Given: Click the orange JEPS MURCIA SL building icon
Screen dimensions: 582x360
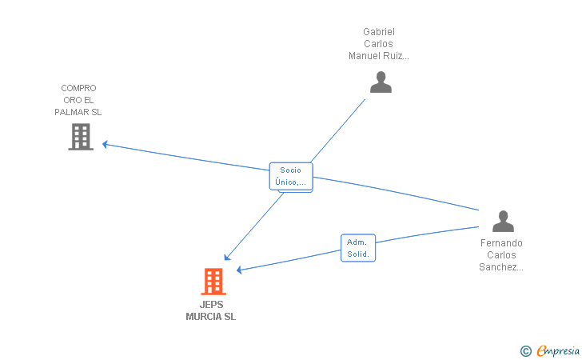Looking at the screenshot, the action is (213, 282).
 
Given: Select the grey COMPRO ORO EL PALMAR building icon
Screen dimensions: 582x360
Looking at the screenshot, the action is (81, 137).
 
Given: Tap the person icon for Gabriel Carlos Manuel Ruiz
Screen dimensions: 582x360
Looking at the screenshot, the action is (381, 82).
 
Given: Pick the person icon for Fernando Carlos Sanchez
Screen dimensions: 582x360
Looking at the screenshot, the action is (503, 221).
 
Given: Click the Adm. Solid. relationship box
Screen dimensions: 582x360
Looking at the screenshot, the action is (358, 248).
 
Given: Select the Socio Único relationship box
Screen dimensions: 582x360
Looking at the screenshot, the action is (291, 176).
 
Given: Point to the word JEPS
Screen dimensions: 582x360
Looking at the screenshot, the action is (212, 305).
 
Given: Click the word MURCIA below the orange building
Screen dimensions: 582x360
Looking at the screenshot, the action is (203, 317).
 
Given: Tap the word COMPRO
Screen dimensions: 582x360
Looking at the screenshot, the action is (78, 88).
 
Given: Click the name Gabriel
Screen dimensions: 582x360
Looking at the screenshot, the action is (379, 32).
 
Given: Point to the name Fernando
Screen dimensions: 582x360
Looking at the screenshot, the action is (501, 243).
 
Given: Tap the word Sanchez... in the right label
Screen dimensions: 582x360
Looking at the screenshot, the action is (501, 266).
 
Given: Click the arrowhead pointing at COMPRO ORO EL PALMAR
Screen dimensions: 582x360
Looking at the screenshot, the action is (105, 144).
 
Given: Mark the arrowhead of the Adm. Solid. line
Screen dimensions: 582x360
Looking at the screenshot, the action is (239, 270).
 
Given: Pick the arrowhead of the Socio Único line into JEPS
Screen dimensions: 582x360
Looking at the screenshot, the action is (227, 258).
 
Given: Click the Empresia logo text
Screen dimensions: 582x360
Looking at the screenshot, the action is (558, 350).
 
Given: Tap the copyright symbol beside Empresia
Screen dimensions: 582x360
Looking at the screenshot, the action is (526, 351).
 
